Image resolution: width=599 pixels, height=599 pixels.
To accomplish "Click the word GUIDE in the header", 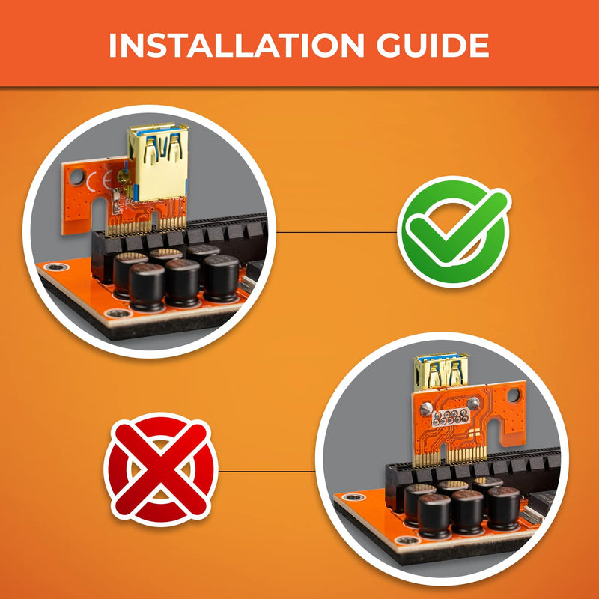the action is coord(433,45).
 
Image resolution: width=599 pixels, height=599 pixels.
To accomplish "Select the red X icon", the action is coord(161,469).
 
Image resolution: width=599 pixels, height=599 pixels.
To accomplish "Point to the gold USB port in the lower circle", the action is coord(442,371).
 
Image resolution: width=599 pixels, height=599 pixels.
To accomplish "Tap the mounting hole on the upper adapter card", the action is coord(77,177).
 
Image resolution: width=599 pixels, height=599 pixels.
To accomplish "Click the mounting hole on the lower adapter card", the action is coord(514,395).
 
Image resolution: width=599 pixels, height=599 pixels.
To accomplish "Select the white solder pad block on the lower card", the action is coord(451,417).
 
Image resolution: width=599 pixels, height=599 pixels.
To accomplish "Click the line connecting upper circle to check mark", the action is coord(337,232).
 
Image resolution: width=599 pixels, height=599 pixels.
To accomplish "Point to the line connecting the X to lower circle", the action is coord(267,472).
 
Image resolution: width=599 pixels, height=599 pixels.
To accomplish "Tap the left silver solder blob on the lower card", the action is coord(426,409).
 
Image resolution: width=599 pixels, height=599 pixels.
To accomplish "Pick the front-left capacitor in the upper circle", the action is coord(147,287).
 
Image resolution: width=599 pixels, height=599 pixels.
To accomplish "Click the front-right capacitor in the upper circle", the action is coord(221,278).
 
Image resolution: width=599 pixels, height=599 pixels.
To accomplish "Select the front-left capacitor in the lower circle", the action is coord(435,516).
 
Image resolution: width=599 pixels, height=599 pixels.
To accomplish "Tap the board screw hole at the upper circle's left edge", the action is coord(55,267).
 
